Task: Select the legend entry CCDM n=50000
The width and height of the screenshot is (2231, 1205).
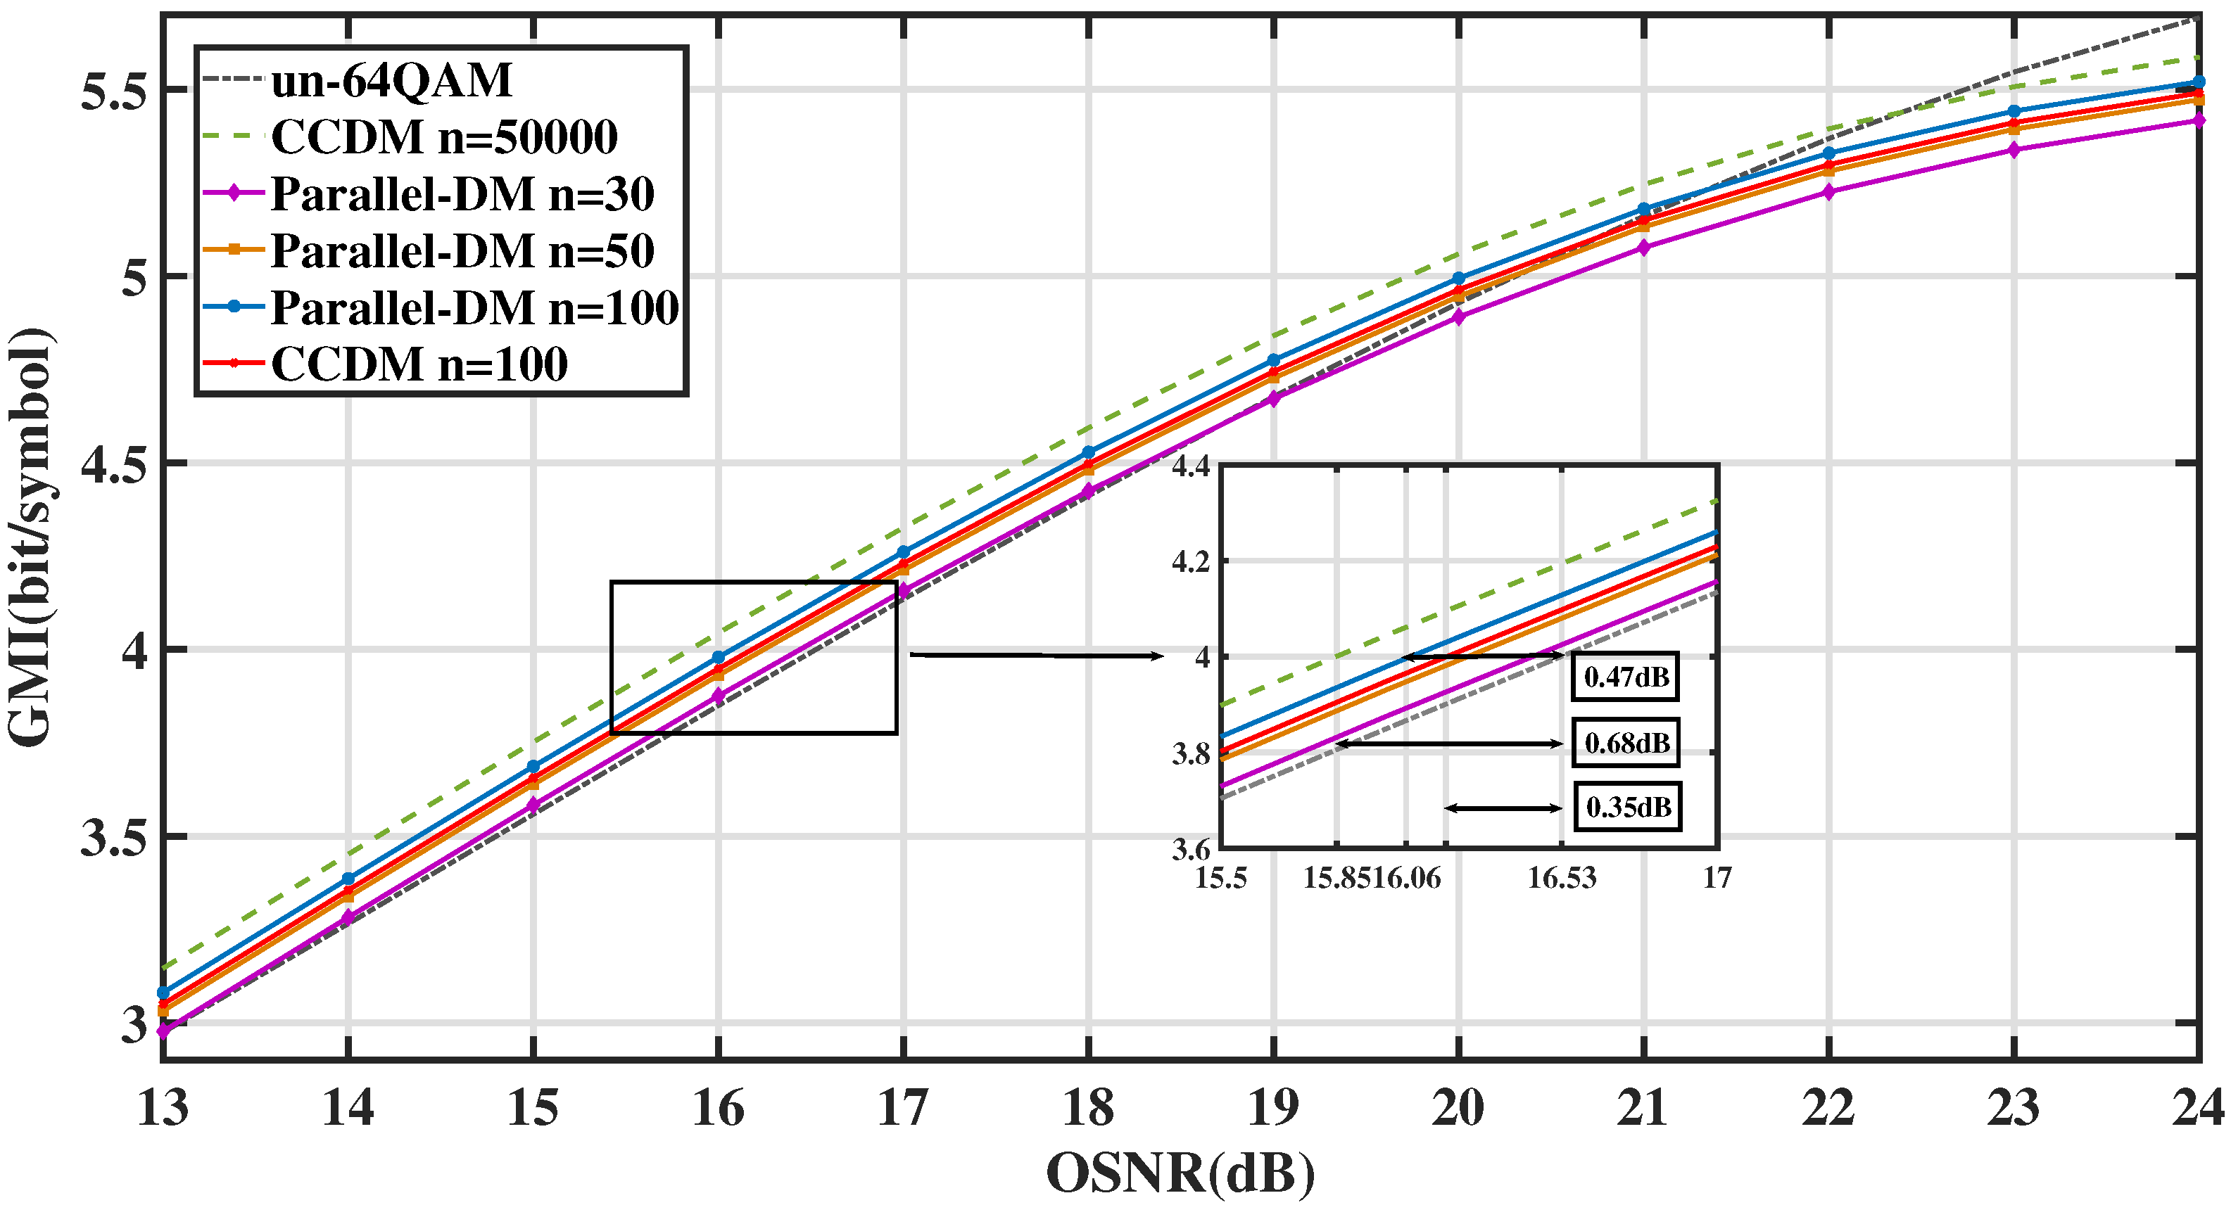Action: point(443,136)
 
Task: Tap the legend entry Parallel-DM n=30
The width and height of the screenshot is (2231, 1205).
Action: point(462,194)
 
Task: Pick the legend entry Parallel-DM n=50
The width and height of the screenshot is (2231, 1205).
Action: point(462,251)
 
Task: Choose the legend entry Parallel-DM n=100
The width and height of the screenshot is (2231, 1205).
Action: point(474,307)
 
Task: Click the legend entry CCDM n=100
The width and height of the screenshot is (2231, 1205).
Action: point(419,364)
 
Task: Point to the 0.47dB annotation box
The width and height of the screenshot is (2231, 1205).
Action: point(1626,677)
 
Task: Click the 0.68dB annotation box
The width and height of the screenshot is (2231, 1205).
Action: point(1626,743)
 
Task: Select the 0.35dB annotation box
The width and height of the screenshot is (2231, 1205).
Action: point(1627,808)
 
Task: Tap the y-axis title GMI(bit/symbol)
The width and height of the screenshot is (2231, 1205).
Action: point(30,537)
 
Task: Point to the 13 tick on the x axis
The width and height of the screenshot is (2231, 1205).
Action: point(163,1108)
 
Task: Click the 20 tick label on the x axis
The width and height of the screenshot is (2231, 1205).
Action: point(1458,1108)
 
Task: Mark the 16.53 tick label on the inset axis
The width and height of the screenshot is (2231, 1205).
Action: point(1561,878)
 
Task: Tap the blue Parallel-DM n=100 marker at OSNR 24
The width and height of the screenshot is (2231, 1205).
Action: point(2199,82)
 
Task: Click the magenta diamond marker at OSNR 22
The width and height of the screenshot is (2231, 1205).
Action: point(1829,192)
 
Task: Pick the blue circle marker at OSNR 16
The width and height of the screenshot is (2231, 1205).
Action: point(718,658)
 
